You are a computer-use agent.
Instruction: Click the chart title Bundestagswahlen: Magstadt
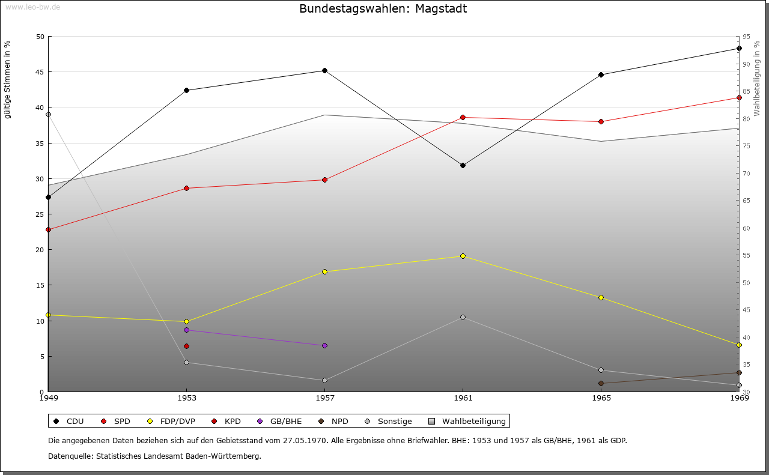pyautogui.click(x=383, y=8)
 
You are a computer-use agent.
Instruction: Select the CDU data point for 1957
pyautogui.click(x=324, y=70)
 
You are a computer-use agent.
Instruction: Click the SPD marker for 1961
pyautogui.click(x=463, y=117)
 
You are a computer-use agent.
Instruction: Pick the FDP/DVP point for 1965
pyautogui.click(x=601, y=297)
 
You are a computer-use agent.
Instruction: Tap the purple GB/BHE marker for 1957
pyautogui.click(x=324, y=345)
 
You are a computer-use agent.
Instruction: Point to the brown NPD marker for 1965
pyautogui.click(x=601, y=383)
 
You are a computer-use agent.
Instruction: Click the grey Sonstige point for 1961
pyautogui.click(x=463, y=317)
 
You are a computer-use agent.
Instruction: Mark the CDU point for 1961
pyautogui.click(x=463, y=165)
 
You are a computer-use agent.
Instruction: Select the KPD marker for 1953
pyautogui.click(x=186, y=346)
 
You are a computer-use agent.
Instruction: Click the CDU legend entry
pyautogui.click(x=69, y=421)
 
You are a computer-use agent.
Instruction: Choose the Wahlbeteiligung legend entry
pyautogui.click(x=469, y=421)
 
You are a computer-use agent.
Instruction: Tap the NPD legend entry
pyautogui.click(x=333, y=421)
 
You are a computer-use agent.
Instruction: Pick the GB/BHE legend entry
pyautogui.click(x=279, y=421)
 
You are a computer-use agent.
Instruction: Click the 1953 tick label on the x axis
pyautogui.click(x=186, y=398)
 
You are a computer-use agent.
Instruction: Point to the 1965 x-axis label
pyautogui.click(x=601, y=398)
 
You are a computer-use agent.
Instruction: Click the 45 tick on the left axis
pyautogui.click(x=40, y=72)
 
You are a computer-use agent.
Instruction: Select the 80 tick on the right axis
pyautogui.click(x=746, y=119)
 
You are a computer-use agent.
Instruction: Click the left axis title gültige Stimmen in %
pyautogui.click(x=8, y=79)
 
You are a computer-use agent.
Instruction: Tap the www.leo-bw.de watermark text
pyautogui.click(x=32, y=7)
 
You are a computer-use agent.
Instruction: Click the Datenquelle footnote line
pyautogui.click(x=154, y=456)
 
